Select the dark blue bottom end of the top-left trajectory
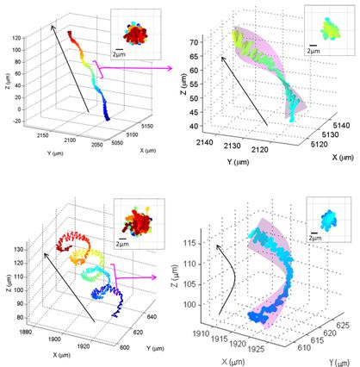(x=107, y=118)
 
